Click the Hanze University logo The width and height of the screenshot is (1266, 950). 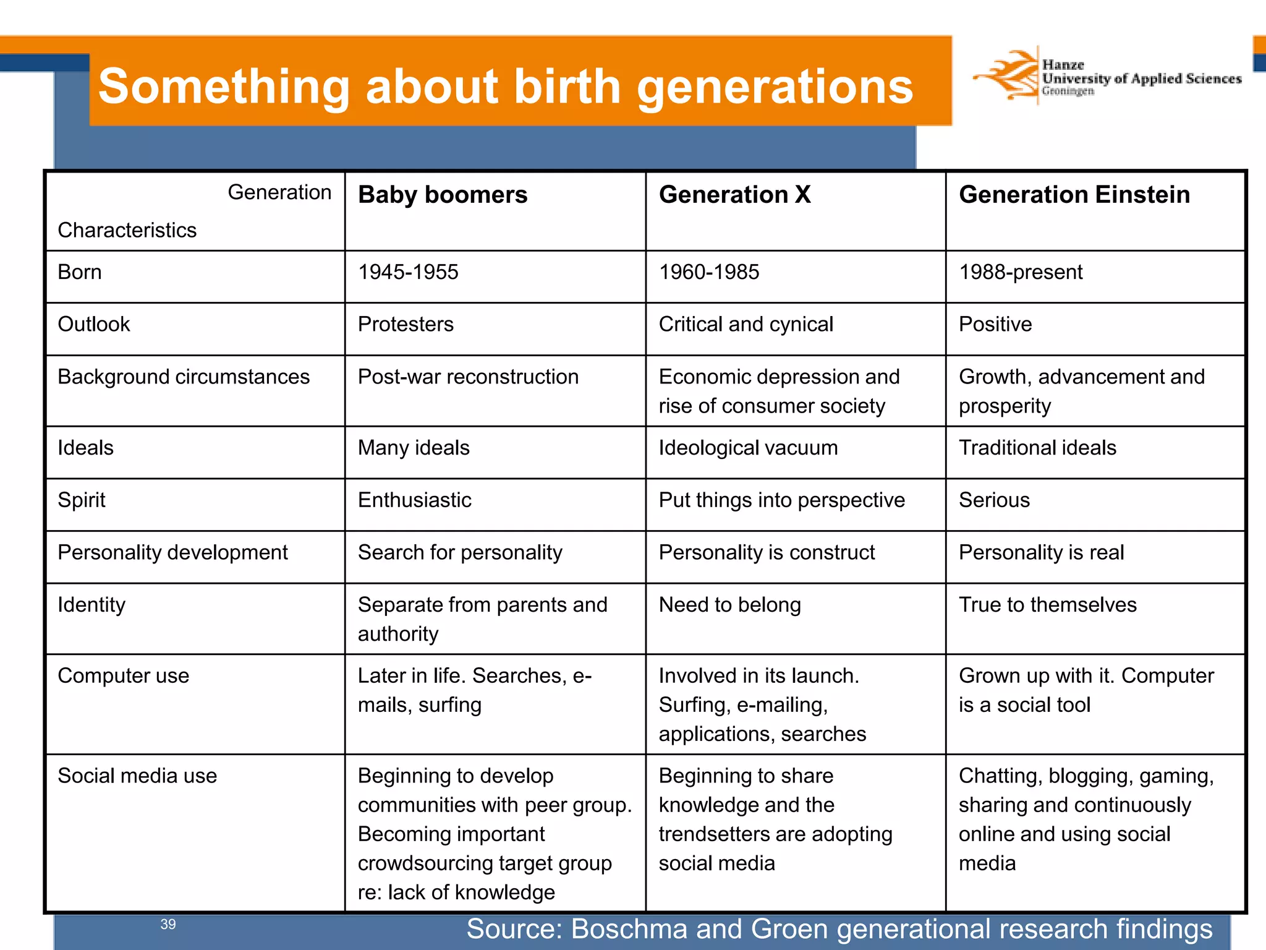tap(1107, 77)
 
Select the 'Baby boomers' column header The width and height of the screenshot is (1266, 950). tap(443, 195)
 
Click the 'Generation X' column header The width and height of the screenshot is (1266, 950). tap(734, 195)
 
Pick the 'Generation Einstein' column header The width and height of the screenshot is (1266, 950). tap(1074, 195)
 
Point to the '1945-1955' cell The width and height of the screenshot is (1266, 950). tap(408, 272)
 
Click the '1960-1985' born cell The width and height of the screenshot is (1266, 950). tap(708, 272)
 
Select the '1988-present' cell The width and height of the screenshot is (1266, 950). tap(1020, 272)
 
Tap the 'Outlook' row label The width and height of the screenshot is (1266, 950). tap(94, 324)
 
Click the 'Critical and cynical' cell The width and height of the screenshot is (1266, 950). tap(746, 324)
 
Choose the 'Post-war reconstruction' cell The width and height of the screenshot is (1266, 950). tap(468, 377)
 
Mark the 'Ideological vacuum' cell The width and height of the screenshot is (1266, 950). tap(748, 448)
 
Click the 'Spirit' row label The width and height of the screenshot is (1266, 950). tap(82, 500)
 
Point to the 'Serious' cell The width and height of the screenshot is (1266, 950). tap(994, 500)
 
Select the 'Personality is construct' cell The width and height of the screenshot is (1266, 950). tap(767, 552)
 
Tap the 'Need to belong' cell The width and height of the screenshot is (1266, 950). tap(729, 605)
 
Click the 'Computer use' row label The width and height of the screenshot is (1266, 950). tap(123, 675)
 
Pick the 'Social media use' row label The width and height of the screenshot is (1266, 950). tap(137, 776)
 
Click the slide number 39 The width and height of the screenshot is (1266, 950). tap(168, 924)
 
